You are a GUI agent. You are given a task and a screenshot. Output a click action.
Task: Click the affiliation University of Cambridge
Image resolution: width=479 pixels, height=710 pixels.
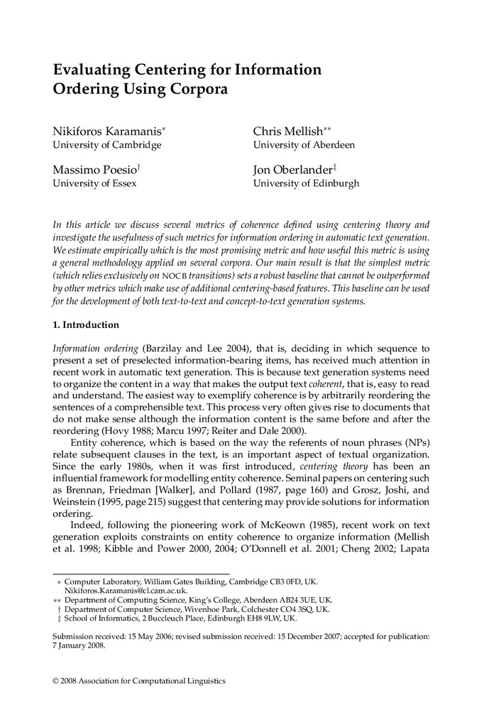click(107, 145)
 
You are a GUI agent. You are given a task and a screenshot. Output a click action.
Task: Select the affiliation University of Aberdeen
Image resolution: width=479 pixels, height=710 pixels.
click(304, 145)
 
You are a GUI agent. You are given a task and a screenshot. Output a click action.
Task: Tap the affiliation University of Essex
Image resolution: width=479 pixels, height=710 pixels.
click(95, 183)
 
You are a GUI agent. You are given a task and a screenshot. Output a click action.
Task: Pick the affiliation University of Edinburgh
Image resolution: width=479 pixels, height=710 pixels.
click(306, 183)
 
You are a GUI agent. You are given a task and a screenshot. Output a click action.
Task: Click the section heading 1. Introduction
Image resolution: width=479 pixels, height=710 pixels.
click(86, 325)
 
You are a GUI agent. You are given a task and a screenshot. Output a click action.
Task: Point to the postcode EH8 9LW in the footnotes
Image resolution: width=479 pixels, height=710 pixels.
click(275, 618)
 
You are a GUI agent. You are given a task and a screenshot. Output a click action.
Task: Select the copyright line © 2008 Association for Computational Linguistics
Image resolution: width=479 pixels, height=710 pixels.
click(139, 681)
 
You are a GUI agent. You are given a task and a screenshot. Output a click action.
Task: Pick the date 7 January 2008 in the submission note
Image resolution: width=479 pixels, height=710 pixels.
click(79, 645)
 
